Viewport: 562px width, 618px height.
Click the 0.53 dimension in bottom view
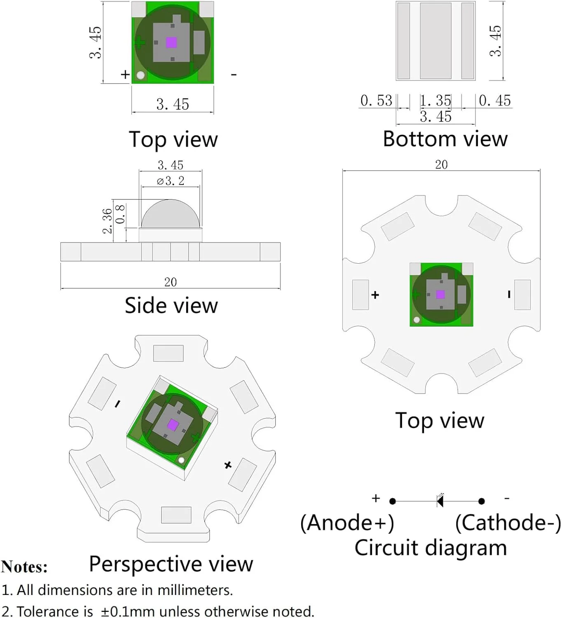tap(376, 101)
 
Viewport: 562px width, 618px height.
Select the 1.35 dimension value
tap(436, 101)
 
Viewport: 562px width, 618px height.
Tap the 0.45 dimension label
tap(495, 101)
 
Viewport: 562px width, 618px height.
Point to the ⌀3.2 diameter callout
tap(171, 181)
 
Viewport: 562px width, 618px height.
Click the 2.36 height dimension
tap(107, 221)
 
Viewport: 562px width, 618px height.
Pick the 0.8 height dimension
tap(120, 214)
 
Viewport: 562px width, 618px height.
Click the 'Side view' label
tap(171, 306)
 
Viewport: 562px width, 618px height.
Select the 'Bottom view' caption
tap(445, 139)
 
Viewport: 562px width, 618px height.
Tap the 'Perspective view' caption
tap(171, 564)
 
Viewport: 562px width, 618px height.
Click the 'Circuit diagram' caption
tap(431, 548)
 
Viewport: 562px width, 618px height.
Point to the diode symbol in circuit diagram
tap(440, 501)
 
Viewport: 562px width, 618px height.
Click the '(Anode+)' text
tap(347, 523)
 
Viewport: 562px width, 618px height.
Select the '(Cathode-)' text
tap(508, 523)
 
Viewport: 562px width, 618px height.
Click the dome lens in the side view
tap(171, 214)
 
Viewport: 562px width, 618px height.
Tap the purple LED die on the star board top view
tap(440, 294)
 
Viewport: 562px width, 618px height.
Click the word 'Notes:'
tap(24, 567)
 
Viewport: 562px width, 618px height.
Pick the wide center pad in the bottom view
tap(436, 40)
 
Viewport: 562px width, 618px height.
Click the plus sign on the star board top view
tap(375, 295)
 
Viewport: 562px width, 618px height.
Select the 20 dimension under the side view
tap(171, 282)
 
